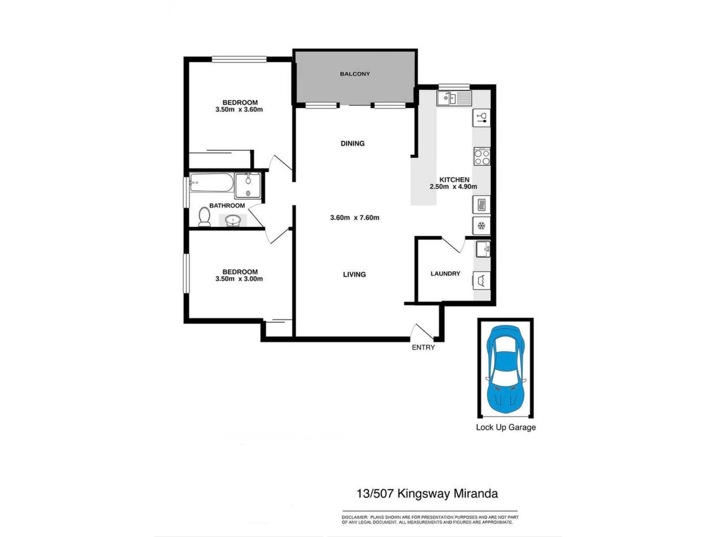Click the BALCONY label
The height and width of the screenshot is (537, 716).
coord(354,74)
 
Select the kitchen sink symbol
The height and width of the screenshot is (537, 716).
coord(454,98)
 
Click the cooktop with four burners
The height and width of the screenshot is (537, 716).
coord(482,157)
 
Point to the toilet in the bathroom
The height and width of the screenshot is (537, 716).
coord(204,217)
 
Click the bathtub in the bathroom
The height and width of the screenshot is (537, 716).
coord(211,183)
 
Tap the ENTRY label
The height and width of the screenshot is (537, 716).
coord(423,347)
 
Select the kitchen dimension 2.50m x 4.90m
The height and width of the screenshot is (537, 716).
coord(453,187)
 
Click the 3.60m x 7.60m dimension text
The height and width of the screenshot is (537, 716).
coord(354,217)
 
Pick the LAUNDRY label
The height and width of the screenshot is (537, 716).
coord(445,273)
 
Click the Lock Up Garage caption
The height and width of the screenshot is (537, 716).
coord(506,427)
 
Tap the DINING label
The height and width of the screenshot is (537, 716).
coord(353,144)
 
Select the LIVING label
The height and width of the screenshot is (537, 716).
coord(354,274)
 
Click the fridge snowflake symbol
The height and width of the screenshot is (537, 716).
coord(481,226)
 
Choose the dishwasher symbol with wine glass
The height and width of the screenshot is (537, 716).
coord(482,118)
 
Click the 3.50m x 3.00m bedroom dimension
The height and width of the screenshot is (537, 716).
coord(239,279)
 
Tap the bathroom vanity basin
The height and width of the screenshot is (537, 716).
coord(233,221)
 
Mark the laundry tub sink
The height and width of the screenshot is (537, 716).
coord(483,249)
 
